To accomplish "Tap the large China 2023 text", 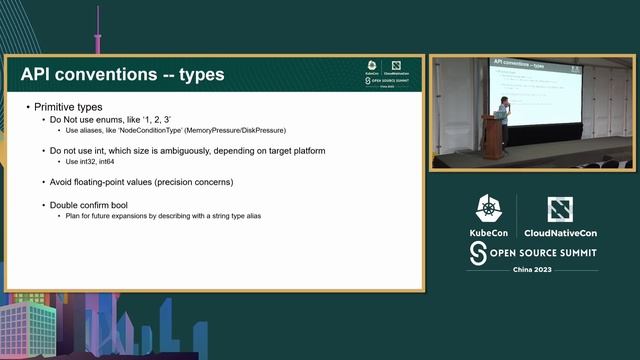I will pos(533,271).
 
